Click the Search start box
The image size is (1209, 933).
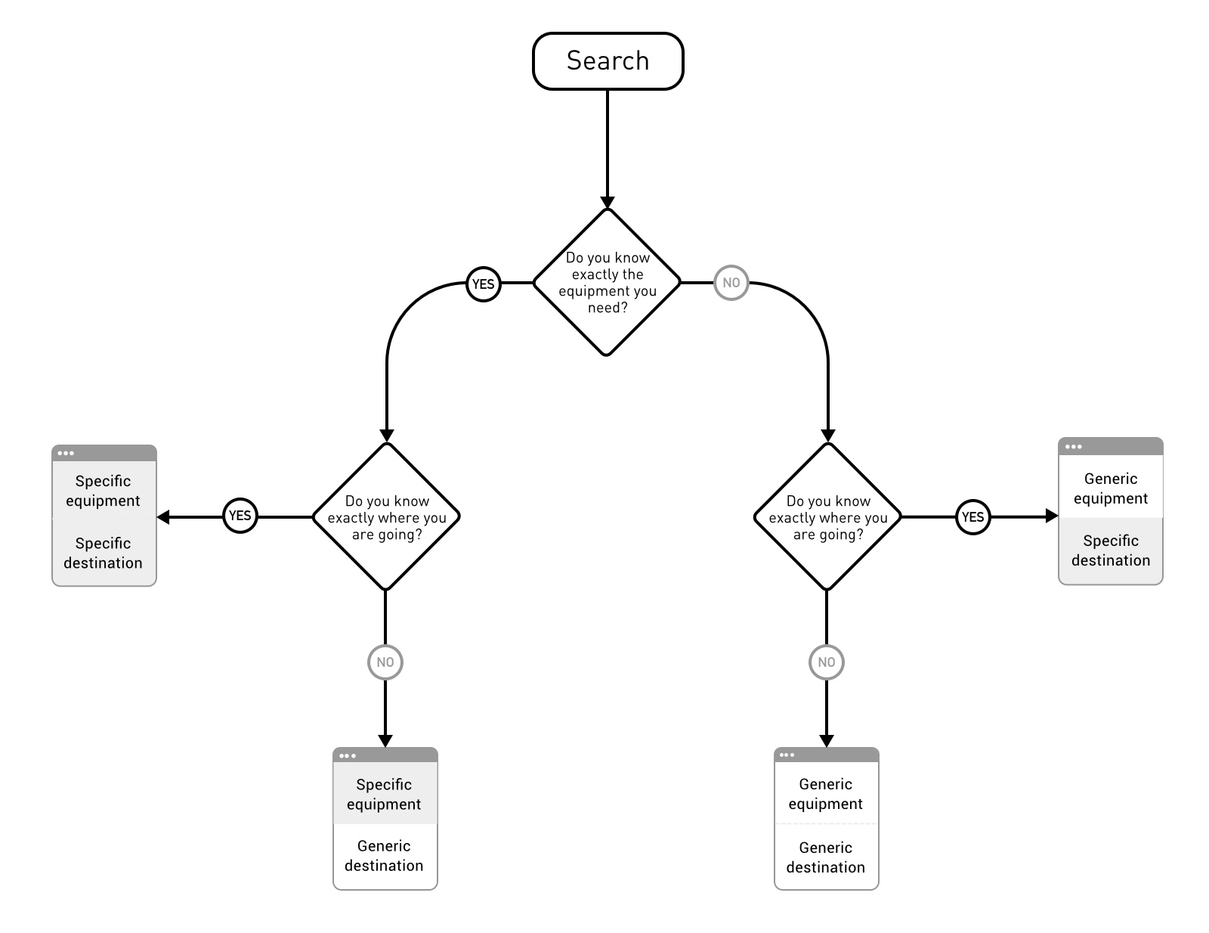(608, 61)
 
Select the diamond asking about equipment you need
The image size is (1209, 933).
(607, 282)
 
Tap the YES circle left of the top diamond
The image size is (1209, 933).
(483, 284)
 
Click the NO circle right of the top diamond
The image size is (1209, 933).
(731, 283)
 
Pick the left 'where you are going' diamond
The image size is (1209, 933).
(386, 517)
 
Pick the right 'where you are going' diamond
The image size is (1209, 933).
(827, 517)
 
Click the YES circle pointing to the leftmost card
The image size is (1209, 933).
(240, 516)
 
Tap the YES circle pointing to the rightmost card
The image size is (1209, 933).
(972, 517)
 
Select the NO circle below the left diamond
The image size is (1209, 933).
(385, 662)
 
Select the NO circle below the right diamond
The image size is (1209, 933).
(827, 662)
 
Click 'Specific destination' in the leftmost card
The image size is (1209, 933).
(104, 553)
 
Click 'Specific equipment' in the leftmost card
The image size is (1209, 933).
(104, 491)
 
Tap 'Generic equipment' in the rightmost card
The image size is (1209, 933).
(1110, 488)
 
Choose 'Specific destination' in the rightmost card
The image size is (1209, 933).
(1110, 550)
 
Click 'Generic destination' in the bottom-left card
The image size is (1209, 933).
(385, 856)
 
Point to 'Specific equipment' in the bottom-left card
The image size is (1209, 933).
(385, 794)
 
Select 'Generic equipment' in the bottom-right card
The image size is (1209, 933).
(826, 794)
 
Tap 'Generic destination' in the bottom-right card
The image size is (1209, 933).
(826, 857)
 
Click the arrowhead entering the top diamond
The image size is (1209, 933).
(607, 203)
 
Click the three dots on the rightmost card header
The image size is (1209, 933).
(1073, 447)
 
